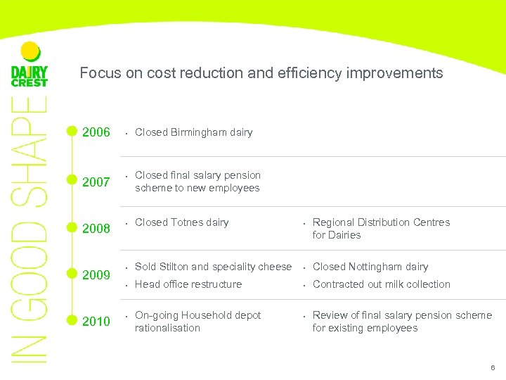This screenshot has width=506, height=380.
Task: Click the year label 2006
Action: [96, 132]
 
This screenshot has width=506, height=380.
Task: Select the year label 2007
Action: [96, 182]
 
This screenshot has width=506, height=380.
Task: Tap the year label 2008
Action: [96, 229]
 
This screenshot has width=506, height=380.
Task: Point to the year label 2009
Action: [96, 275]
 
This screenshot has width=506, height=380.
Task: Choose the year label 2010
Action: [96, 322]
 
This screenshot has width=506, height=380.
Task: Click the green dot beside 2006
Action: [71, 131]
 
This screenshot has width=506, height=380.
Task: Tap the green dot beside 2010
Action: [71, 320]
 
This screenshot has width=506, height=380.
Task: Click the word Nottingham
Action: [377, 267]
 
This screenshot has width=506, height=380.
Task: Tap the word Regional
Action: [334, 222]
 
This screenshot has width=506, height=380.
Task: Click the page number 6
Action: [493, 368]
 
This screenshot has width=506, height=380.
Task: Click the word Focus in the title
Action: [97, 73]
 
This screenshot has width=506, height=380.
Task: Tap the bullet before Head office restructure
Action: [125, 285]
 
